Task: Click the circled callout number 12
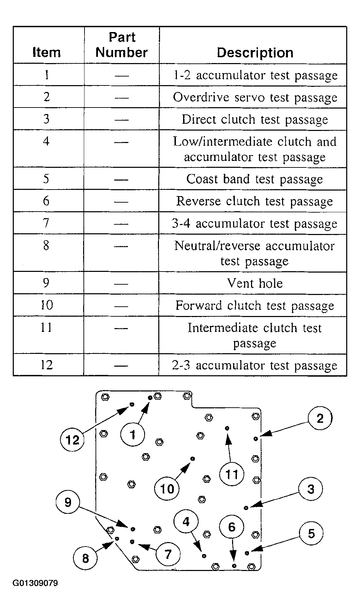coord(72,440)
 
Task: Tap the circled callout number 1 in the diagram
coord(133,435)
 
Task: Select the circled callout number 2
coord(320,418)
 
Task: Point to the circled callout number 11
coord(231,475)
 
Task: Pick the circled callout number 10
coord(167,489)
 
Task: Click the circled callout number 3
coord(311,489)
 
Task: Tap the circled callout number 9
coord(68,502)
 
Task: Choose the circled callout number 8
coord(86,558)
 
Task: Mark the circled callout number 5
coord(311,533)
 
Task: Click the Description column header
coord(255,53)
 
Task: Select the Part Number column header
coord(121,45)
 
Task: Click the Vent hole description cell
coord(255,283)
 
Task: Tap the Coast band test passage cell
coord(254,179)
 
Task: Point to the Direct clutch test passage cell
coord(254,120)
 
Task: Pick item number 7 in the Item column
coord(46,223)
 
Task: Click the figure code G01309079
coord(35,583)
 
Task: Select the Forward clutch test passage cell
coord(254,306)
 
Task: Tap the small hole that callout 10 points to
coord(193,459)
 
